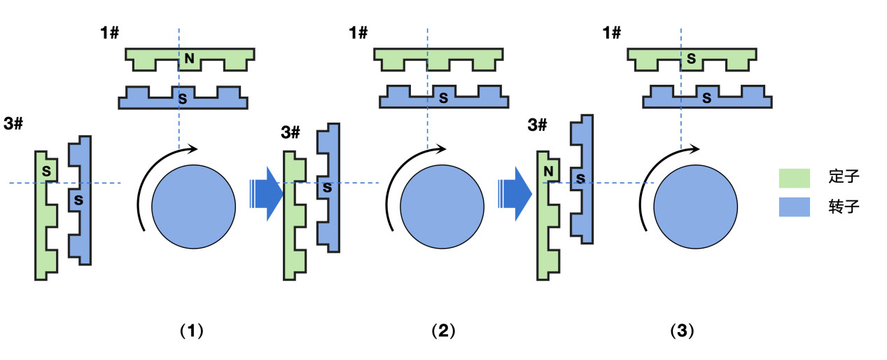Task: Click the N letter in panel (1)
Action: pos(189,59)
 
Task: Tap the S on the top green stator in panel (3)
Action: pos(691,59)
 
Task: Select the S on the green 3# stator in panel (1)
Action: pos(47,170)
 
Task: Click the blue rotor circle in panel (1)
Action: pos(193,200)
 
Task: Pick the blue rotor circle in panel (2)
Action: pos(442,200)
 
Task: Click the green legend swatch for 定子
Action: pos(794,177)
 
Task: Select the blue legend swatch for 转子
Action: pos(794,207)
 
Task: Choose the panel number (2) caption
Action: pos(442,331)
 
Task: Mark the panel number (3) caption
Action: pos(682,331)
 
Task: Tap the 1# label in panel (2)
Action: pos(358,32)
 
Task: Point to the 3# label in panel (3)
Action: pos(537,125)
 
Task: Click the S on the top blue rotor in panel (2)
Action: pos(442,99)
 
